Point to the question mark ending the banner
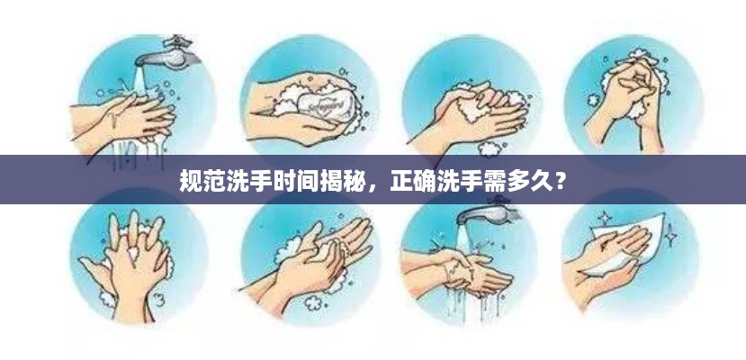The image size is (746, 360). [x=561, y=180]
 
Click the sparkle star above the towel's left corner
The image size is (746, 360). [x=604, y=219]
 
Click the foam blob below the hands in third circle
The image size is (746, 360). [x=488, y=149]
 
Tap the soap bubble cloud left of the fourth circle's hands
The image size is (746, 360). [x=594, y=100]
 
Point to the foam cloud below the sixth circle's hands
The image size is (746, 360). [x=313, y=302]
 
